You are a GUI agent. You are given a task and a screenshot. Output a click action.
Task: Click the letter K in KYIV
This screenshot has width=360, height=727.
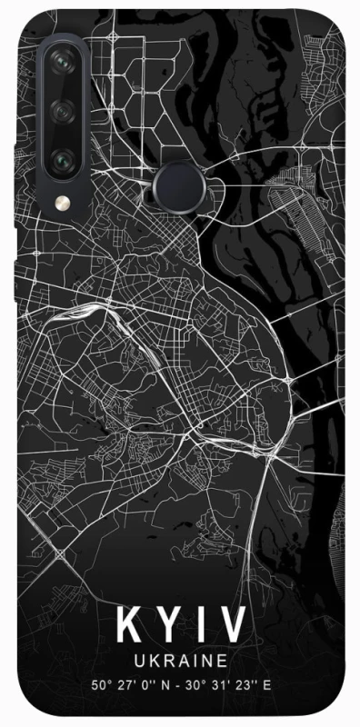coord(128,626)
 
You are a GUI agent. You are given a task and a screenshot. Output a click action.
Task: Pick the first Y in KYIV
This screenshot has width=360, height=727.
coord(168,626)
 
